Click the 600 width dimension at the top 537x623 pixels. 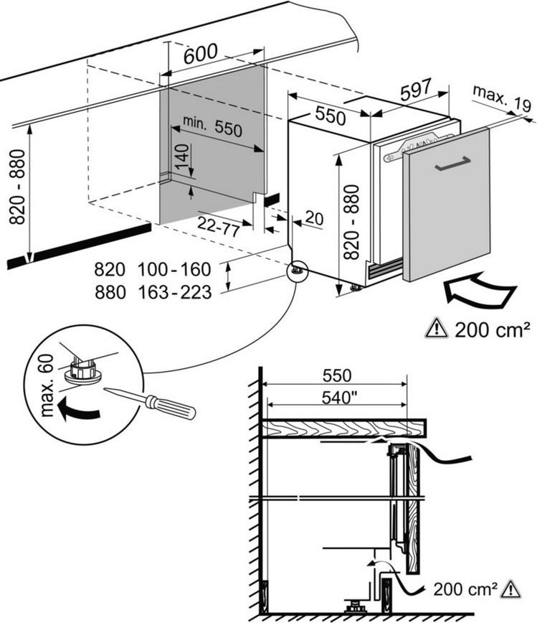click(x=201, y=55)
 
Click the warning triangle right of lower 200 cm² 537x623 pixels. click(x=510, y=589)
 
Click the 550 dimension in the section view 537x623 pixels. click(x=336, y=375)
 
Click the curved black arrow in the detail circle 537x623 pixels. click(x=77, y=410)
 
